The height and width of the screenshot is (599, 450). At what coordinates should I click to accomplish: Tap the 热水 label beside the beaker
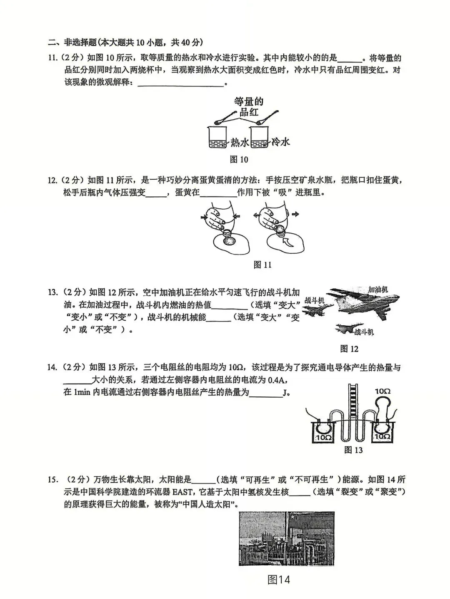(240, 142)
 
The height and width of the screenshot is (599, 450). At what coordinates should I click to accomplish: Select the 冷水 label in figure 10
(280, 142)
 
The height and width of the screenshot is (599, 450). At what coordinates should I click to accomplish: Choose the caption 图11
(262, 265)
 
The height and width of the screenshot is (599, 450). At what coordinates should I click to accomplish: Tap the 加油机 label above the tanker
(378, 289)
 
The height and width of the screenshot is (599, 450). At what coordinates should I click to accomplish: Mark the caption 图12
(349, 349)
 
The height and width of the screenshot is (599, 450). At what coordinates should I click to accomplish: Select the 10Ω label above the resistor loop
(382, 391)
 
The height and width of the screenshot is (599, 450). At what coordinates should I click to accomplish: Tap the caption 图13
(353, 450)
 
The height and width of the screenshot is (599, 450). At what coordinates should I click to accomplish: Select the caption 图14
(278, 579)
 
